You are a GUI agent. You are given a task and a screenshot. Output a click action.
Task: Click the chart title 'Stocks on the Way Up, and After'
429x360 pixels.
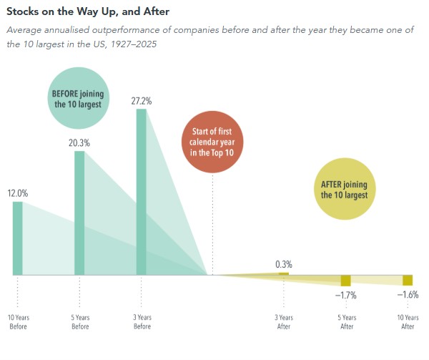pyautogui.click(x=88, y=11)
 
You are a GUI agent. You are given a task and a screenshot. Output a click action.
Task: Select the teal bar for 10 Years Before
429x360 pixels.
pyautogui.click(x=17, y=238)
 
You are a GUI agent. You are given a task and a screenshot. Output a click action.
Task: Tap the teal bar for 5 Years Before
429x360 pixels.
pyautogui.click(x=79, y=213)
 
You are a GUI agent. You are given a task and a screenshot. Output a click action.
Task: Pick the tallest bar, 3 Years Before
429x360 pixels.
pyautogui.click(x=141, y=192)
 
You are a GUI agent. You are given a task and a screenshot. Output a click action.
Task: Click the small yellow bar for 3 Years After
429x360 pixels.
pyautogui.click(x=284, y=274)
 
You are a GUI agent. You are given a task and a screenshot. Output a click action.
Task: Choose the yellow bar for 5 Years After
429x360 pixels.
pyautogui.click(x=346, y=281)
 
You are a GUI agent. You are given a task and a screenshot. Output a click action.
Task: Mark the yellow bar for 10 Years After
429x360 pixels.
pyautogui.click(x=408, y=281)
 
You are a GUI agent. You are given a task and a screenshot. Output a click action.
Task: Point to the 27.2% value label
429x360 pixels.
pyautogui.click(x=141, y=101)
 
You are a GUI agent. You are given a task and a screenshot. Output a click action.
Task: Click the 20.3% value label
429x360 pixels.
pyautogui.click(x=79, y=143)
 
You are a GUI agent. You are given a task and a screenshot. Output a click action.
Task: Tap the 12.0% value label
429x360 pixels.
pyautogui.click(x=17, y=193)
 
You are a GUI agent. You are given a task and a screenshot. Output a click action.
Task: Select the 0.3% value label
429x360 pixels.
pyautogui.click(x=284, y=265)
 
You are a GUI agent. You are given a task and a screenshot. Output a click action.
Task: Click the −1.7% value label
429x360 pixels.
pyautogui.click(x=346, y=296)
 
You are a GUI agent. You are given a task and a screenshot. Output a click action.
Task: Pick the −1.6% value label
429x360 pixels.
pyautogui.click(x=408, y=295)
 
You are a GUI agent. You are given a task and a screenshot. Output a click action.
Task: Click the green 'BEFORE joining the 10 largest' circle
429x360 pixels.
pyautogui.click(x=78, y=98)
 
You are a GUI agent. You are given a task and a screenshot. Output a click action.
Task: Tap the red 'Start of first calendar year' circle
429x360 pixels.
pyautogui.click(x=212, y=142)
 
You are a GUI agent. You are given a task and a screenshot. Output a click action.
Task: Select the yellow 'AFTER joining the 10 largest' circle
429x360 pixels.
pyautogui.click(x=345, y=189)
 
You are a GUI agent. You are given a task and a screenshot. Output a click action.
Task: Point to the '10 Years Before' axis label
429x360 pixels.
pyautogui.click(x=19, y=322)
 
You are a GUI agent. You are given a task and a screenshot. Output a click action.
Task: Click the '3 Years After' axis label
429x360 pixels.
pyautogui.click(x=284, y=322)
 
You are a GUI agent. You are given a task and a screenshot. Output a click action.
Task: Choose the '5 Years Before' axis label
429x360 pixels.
pyautogui.click(x=80, y=322)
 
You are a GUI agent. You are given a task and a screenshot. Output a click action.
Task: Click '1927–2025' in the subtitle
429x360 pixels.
pyautogui.click(x=134, y=44)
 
